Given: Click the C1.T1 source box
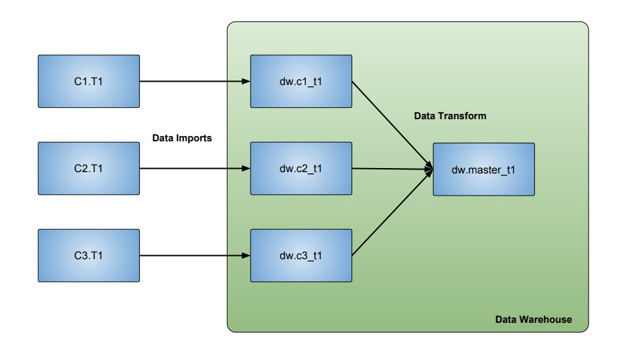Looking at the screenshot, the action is pyautogui.click(x=88, y=81).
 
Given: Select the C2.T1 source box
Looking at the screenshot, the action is pyautogui.click(x=88, y=168).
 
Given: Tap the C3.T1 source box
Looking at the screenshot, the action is pyautogui.click(x=88, y=255).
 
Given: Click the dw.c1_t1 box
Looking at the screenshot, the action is pyautogui.click(x=301, y=81).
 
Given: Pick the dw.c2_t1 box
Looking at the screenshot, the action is pyautogui.click(x=301, y=168).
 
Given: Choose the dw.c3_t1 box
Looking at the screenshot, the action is pyautogui.click(x=301, y=255).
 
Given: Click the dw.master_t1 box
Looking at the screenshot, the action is pyautogui.click(x=484, y=169).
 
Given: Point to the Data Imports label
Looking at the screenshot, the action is pyautogui.click(x=182, y=138).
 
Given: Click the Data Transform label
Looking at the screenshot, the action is pyautogui.click(x=450, y=116).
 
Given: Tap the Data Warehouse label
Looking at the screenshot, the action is pyautogui.click(x=534, y=319).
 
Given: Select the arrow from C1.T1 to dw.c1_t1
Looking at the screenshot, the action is pyautogui.click(x=195, y=81).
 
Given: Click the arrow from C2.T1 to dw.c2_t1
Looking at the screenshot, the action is pyautogui.click(x=195, y=168).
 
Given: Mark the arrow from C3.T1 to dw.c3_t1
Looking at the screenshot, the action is pyautogui.click(x=195, y=255).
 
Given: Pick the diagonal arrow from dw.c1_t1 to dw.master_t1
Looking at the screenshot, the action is pyautogui.click(x=392, y=125).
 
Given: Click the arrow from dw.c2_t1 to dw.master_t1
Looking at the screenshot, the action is pyautogui.click(x=392, y=169).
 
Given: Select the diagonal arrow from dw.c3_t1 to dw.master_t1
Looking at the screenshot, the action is pyautogui.click(x=392, y=213).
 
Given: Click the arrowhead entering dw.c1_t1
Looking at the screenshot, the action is pyautogui.click(x=246, y=81).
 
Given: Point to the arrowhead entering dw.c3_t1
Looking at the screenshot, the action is pyautogui.click(x=246, y=255).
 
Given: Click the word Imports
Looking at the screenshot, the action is pyautogui.click(x=194, y=139).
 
